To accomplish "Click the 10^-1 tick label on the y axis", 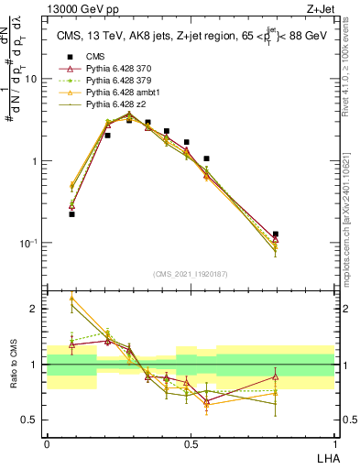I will (x=32, y=243).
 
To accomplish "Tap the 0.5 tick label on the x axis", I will (x=191, y=443).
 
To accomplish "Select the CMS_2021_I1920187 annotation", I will (x=190, y=274).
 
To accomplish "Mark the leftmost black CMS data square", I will (x=71, y=214).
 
